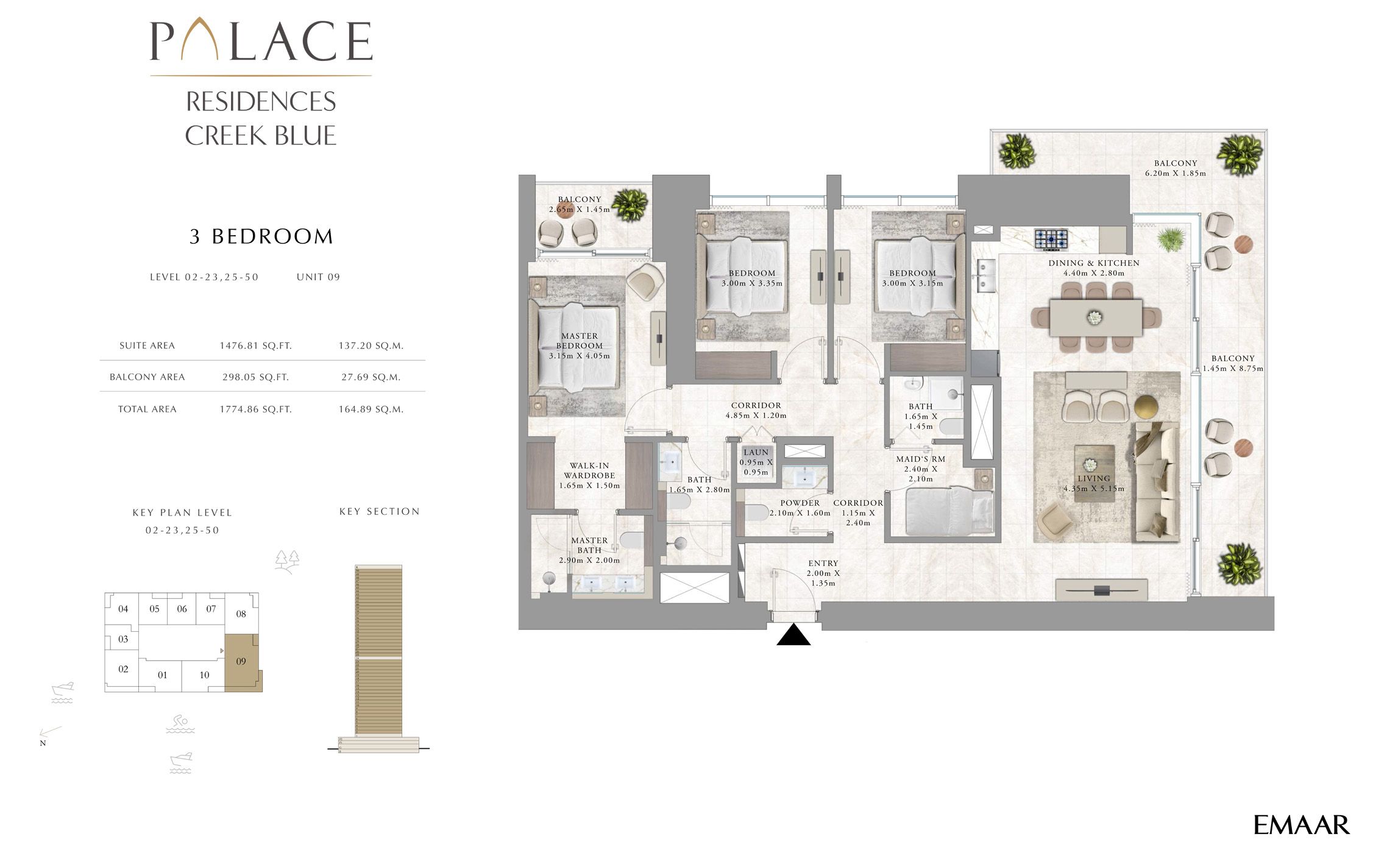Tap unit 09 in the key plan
point(241,662)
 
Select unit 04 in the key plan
point(123,609)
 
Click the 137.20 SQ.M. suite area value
point(371,345)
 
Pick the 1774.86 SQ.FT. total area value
point(255,409)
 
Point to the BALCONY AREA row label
point(147,377)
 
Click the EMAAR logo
point(1301,826)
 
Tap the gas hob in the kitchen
point(1051,239)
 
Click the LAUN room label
point(756,453)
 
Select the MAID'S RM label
point(920,459)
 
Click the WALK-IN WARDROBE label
point(589,470)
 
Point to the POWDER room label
point(800,503)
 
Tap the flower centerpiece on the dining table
point(1095,317)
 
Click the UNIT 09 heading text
point(318,277)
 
